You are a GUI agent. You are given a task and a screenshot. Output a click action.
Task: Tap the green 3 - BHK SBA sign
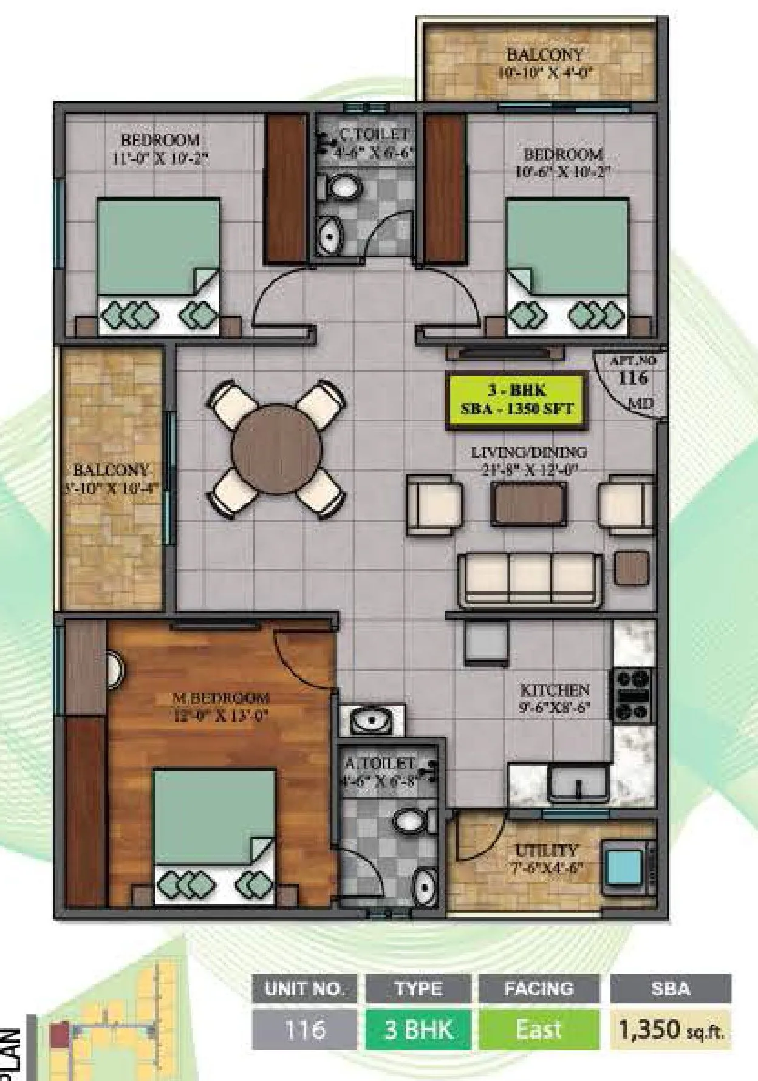coord(517,401)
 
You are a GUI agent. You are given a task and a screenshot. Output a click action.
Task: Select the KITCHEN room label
coord(555,691)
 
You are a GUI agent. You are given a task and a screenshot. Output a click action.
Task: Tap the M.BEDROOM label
coord(221,698)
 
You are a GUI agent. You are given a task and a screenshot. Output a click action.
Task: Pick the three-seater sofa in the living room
coord(530,579)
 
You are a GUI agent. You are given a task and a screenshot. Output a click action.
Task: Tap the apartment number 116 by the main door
coord(632,378)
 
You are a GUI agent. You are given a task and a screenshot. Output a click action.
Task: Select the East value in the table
coord(538,1029)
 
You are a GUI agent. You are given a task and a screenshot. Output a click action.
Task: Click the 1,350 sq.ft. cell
coord(671,1029)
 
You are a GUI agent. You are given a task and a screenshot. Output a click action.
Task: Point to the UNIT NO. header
coord(304,989)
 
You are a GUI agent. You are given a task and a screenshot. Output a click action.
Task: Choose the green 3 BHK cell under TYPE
coord(418,1029)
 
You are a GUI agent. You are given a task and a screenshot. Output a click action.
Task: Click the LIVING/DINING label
coord(529,452)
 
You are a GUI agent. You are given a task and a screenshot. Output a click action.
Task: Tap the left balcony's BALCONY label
coord(111,470)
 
